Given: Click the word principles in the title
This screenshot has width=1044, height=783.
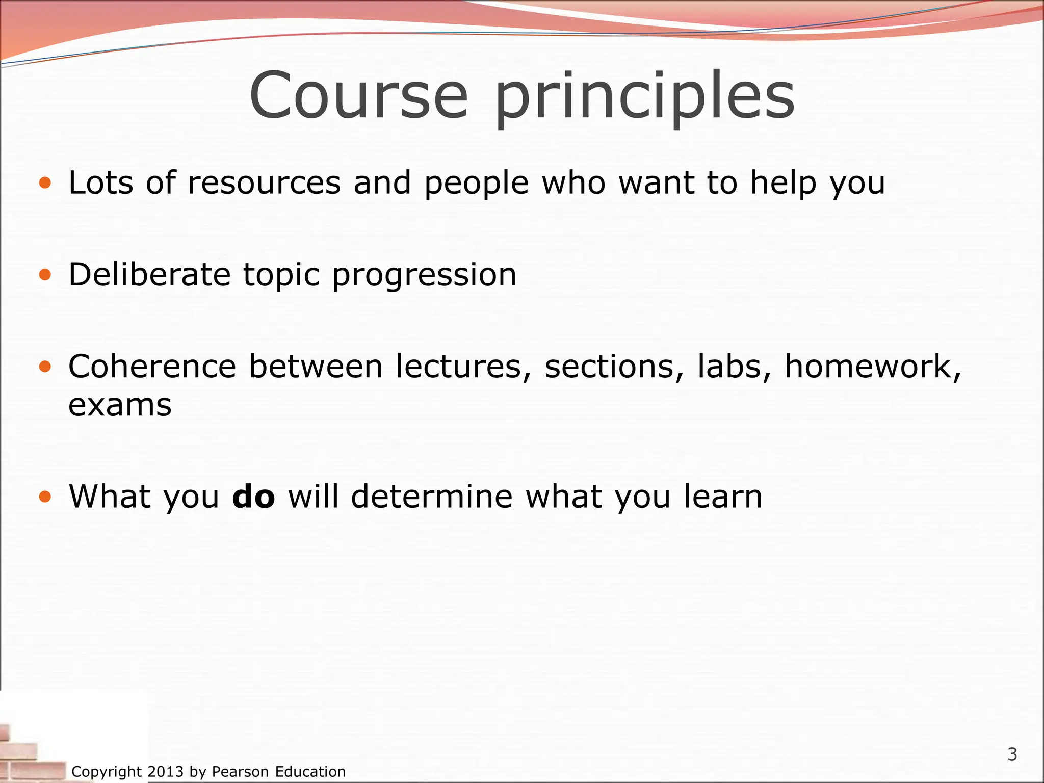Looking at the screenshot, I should tap(644, 97).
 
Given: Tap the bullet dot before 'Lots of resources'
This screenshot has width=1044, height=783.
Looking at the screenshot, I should tap(45, 182).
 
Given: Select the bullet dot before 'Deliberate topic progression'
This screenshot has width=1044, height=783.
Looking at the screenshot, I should tap(45, 275).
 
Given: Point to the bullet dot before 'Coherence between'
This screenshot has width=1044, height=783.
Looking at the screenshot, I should tap(45, 367).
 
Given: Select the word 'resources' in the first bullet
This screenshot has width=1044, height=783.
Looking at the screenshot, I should tap(264, 184).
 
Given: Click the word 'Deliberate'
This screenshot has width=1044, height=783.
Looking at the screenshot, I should tap(149, 275).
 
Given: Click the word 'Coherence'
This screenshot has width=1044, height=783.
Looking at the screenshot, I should tap(152, 367).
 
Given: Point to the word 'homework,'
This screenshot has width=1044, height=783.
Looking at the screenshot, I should tap(873, 367).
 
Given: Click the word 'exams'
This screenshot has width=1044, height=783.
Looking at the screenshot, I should tap(120, 406).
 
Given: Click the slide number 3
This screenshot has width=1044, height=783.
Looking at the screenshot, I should tap(1012, 754).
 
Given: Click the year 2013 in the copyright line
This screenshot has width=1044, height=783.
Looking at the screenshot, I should tap(165, 772).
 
